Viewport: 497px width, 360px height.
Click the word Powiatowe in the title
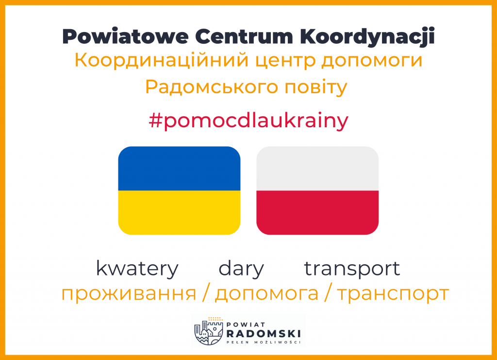[126, 36]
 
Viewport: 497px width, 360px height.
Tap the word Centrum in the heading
[244, 36]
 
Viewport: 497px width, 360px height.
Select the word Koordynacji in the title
[367, 37]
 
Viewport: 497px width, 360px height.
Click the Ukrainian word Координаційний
[161, 61]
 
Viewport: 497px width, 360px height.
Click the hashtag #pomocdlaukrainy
[248, 121]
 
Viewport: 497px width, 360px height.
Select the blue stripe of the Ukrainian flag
[179, 169]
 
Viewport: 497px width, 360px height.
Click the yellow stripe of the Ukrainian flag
[179, 212]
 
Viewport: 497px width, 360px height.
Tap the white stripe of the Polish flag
[317, 169]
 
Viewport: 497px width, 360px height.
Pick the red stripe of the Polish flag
[317, 212]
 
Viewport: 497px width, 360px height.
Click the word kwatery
[137, 269]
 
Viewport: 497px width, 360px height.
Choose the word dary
[241, 269]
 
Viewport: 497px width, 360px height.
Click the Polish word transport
[352, 269]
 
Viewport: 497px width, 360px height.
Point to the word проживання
[129, 294]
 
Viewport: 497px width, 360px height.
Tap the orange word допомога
[266, 294]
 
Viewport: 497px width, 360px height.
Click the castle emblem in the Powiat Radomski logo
[209, 331]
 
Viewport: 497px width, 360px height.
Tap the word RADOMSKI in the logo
[264, 334]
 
